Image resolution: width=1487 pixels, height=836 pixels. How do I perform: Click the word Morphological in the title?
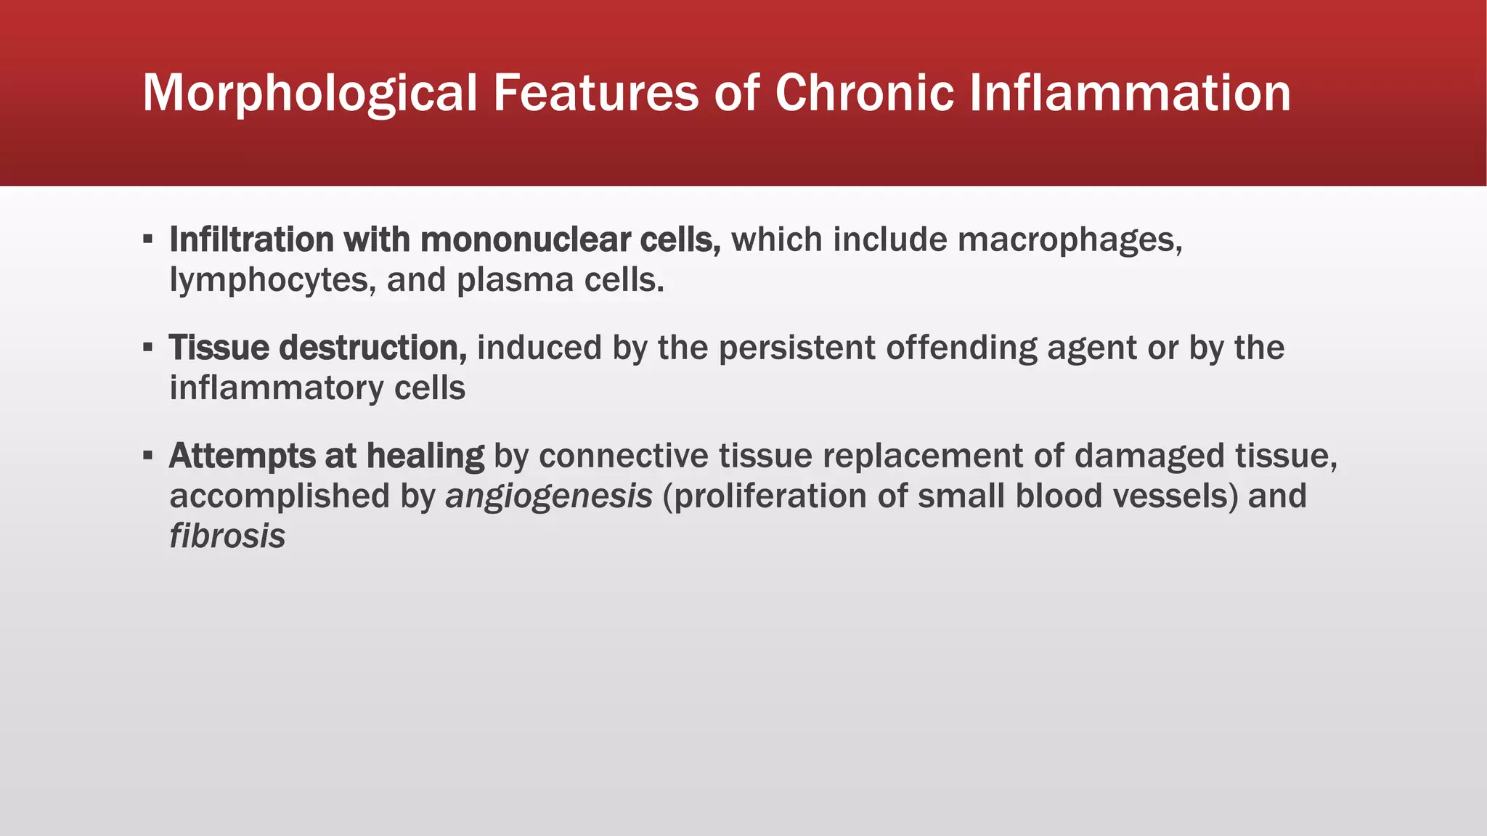click(x=310, y=94)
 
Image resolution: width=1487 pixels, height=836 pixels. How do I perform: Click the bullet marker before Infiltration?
click(x=148, y=239)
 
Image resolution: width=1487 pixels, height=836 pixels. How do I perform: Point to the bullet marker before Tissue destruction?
click(x=148, y=348)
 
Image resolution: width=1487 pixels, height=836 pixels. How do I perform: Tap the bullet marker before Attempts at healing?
click(x=148, y=456)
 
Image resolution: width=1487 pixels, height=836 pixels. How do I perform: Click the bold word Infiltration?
click(x=251, y=239)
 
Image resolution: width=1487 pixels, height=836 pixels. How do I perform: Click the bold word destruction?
click(x=372, y=348)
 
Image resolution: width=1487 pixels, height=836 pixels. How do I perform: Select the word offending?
click(x=961, y=348)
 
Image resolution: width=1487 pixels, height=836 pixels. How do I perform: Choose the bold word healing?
click(x=425, y=456)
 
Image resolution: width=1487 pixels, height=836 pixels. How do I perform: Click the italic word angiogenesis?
click(x=549, y=497)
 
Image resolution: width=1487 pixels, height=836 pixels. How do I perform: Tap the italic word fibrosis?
click(x=227, y=536)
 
